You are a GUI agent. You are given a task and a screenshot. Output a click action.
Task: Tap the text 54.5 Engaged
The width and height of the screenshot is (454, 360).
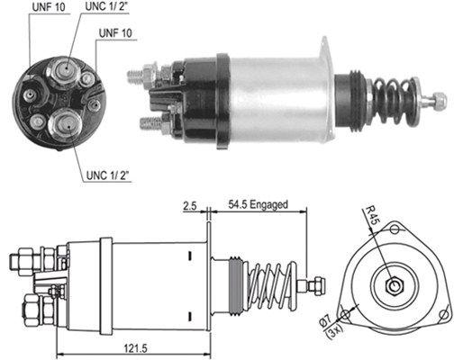click(258, 205)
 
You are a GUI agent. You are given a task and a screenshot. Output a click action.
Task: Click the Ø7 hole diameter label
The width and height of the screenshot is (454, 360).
click(347, 320)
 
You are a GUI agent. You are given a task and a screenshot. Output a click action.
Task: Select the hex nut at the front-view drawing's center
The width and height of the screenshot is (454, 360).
click(395, 287)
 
